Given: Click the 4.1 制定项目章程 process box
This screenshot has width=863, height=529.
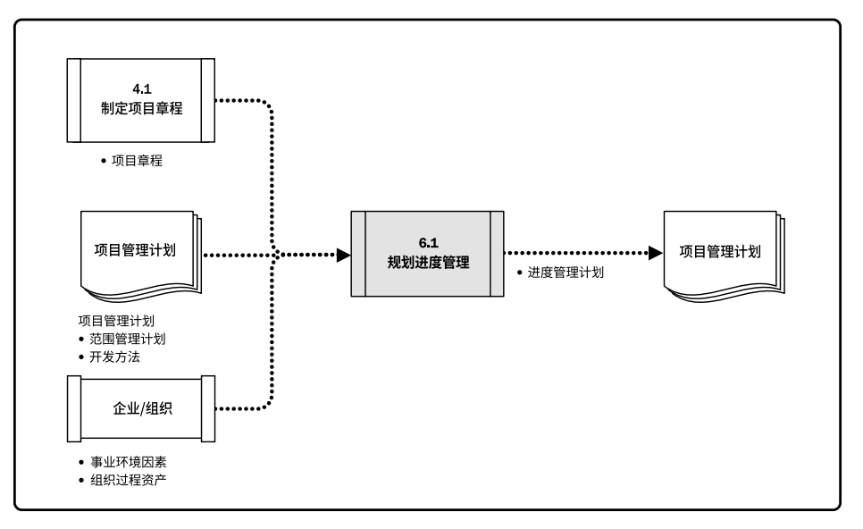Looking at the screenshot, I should point(140,99).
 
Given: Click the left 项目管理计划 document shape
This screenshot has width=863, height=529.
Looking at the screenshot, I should point(138,252).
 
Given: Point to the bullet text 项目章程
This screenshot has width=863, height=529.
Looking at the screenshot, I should point(137,162).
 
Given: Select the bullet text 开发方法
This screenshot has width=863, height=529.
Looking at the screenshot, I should point(114,357).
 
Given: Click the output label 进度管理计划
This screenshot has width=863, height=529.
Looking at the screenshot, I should point(566,273).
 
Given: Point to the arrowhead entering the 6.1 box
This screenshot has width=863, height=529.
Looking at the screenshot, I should point(343,255).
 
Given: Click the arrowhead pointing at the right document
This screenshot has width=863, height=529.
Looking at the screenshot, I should point(655,254).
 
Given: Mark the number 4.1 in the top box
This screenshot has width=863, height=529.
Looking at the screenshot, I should point(141,88).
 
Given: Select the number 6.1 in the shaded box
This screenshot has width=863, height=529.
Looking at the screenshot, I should point(429,243).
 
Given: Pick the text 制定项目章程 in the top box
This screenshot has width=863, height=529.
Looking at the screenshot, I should point(141,108).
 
